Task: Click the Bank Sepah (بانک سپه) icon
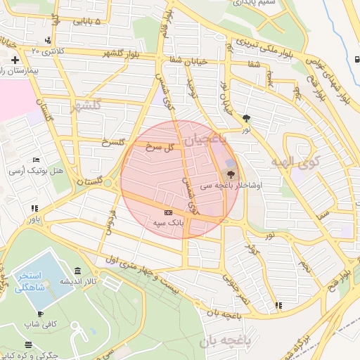tap(167, 212)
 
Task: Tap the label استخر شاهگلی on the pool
tap(30, 281)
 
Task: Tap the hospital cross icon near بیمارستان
tap(14, 60)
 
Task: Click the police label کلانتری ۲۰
tap(48, 51)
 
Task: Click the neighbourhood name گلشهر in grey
tap(85, 105)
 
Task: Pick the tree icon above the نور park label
tap(245, 118)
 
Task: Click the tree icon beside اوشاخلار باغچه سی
tap(231, 174)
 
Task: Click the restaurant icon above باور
tap(34, 208)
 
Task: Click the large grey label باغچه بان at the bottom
tap(225, 342)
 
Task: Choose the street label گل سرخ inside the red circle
tap(159, 148)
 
